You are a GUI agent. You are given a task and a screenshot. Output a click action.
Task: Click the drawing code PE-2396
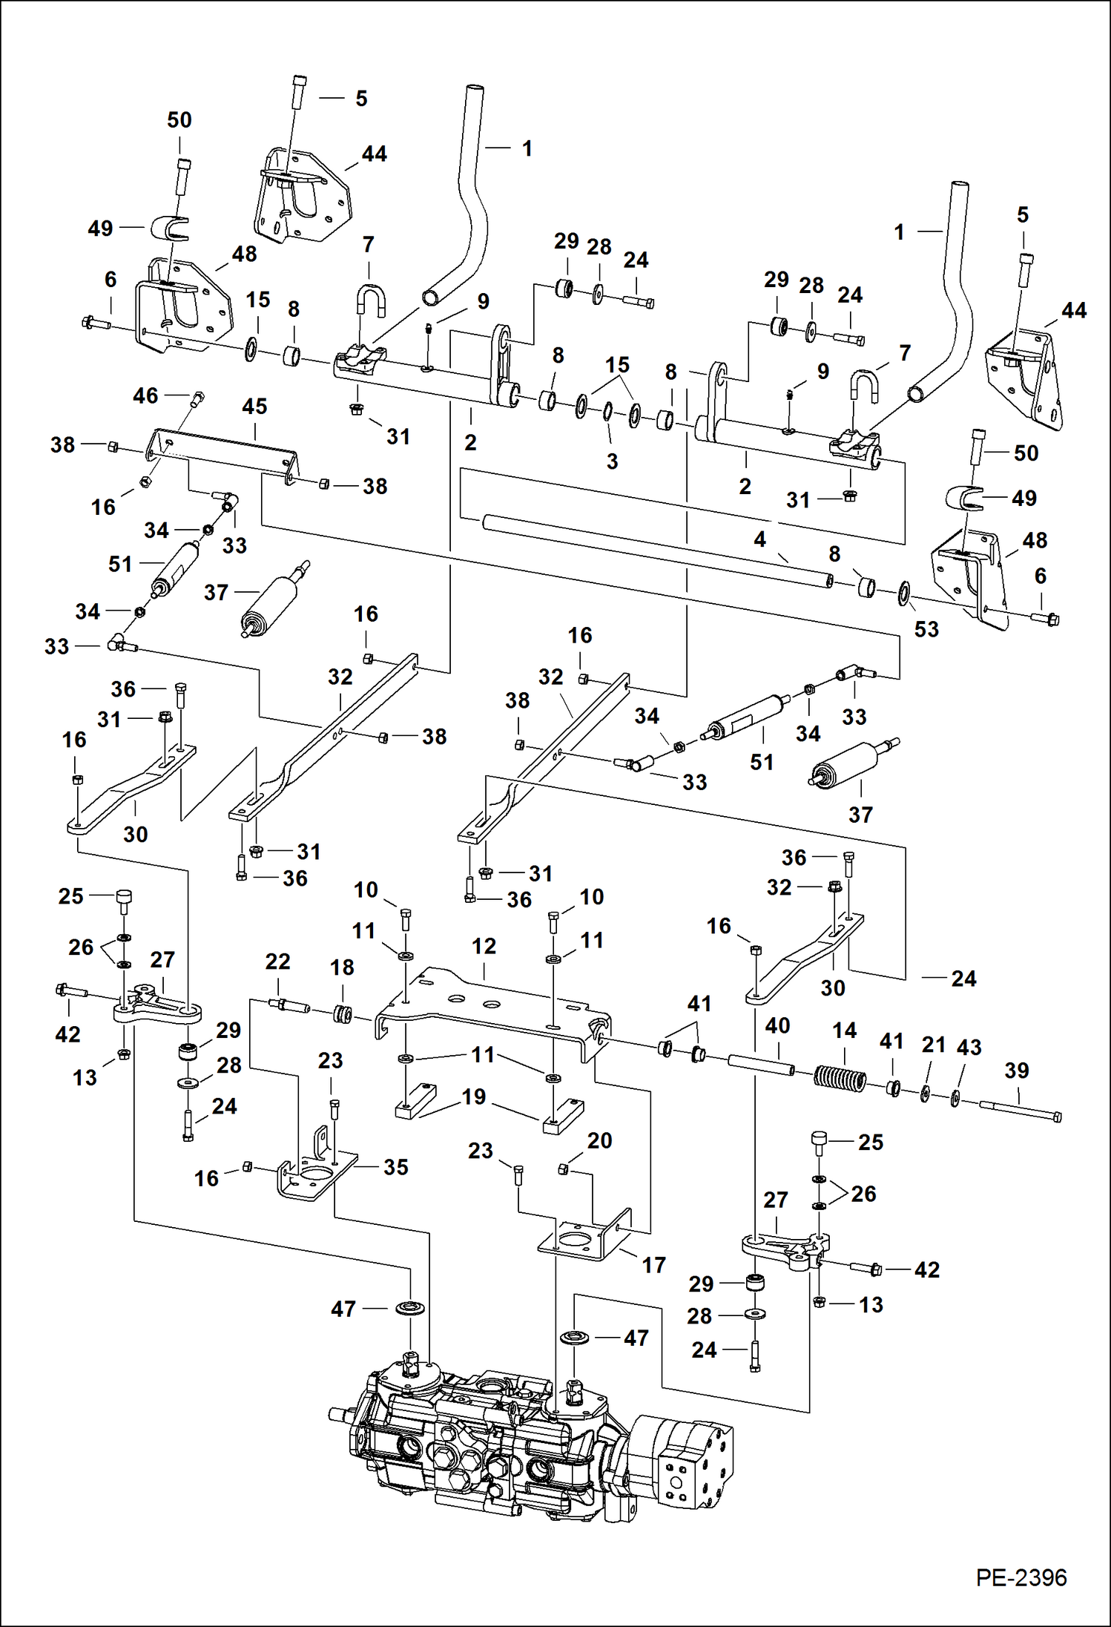point(1021,1578)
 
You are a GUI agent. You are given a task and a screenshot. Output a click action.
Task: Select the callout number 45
point(254,407)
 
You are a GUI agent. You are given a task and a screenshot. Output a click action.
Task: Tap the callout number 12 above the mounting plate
point(484,947)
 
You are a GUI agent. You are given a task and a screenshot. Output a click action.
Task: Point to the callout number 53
point(926,630)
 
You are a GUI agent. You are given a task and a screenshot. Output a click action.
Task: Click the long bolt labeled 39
point(1020,1110)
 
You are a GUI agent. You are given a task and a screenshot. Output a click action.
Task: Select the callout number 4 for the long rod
point(759,539)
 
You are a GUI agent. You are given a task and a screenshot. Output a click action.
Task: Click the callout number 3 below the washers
point(612,461)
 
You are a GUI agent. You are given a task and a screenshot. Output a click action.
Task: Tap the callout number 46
point(145,395)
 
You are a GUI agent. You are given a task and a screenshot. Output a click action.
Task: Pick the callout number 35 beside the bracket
point(395,1167)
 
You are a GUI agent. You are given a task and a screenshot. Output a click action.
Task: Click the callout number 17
point(653,1265)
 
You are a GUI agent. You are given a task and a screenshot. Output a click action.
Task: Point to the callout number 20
point(599,1140)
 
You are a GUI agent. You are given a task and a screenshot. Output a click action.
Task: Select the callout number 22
point(277,962)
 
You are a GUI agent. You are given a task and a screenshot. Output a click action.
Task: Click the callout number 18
point(342,967)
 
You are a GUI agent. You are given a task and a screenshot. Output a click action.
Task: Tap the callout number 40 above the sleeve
point(777,1026)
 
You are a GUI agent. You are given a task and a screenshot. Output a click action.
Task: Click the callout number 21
point(933,1045)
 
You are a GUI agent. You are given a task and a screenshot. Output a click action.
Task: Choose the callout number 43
point(969,1048)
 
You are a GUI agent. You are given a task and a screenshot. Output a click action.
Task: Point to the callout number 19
point(474,1097)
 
